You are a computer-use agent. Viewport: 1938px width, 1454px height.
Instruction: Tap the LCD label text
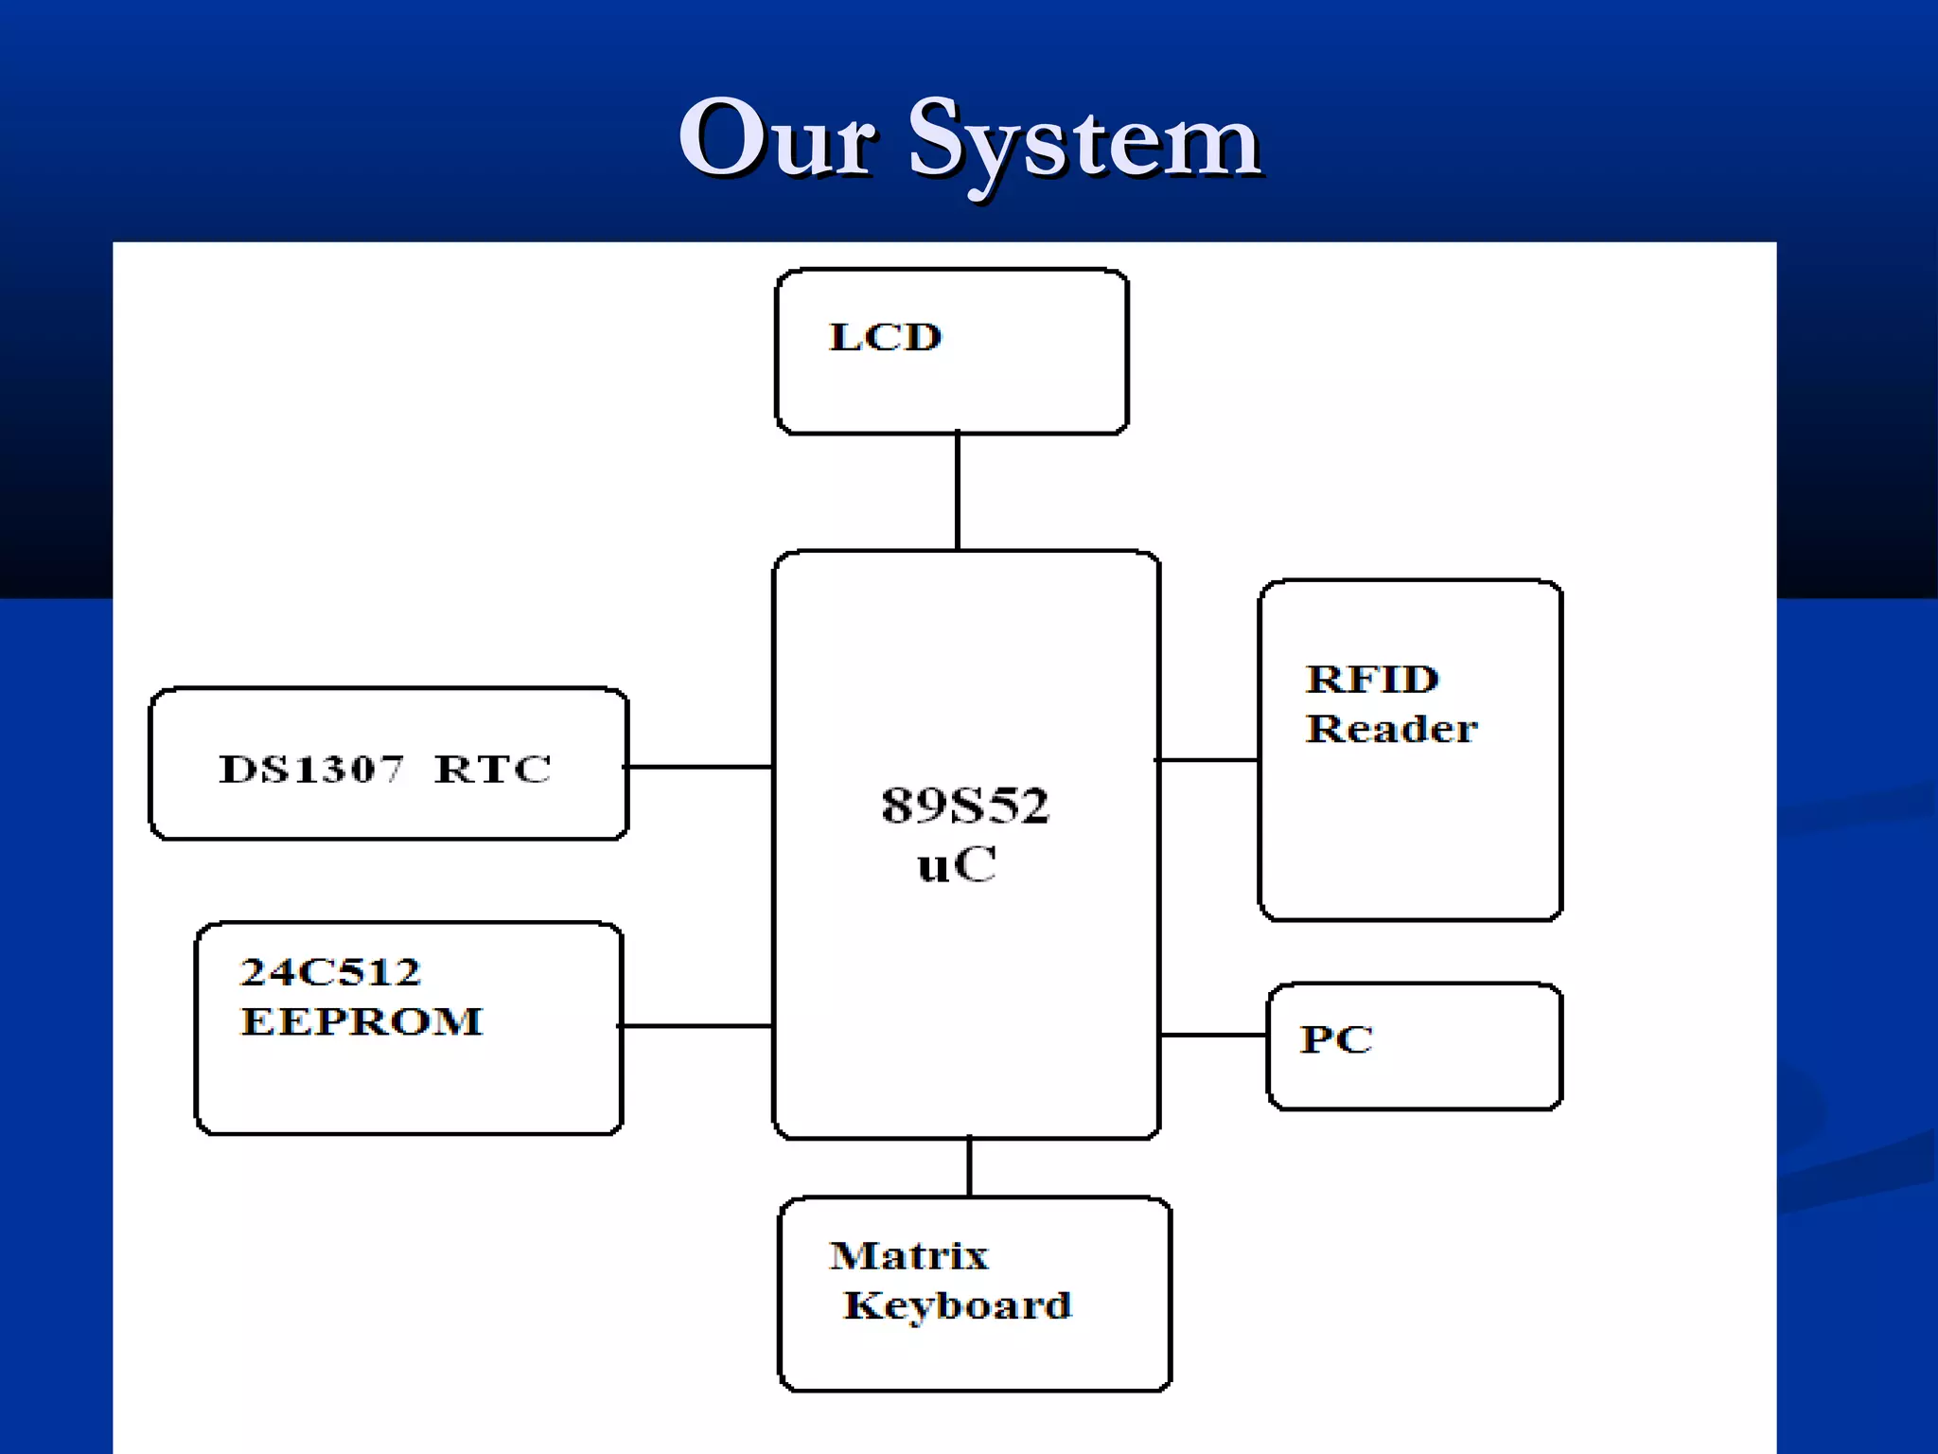pos(885,338)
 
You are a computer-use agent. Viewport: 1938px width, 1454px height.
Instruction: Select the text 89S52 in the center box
pos(964,806)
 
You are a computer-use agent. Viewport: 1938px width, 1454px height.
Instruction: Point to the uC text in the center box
pos(957,864)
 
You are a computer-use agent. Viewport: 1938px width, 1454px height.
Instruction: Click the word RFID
pos(1372,680)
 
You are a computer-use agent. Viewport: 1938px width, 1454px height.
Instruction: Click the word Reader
pos(1390,729)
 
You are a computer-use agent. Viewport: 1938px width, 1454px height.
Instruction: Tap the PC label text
pos(1335,1039)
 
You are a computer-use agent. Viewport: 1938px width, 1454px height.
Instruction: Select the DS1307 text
pos(310,769)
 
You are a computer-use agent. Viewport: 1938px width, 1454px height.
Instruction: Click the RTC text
pos(492,769)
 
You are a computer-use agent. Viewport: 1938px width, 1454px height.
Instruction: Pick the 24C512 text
pos(330,972)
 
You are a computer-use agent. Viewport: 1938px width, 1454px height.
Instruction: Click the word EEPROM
pos(361,1021)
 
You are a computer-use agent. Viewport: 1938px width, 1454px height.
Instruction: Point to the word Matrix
pos(908,1256)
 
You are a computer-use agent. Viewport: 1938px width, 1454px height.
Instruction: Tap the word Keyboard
pos(957,1305)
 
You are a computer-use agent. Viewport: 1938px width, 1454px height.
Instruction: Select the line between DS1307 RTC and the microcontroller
pos(700,767)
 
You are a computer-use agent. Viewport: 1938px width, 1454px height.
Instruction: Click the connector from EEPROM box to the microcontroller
pos(696,1025)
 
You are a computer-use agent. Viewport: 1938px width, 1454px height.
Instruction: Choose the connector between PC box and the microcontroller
pos(1213,1035)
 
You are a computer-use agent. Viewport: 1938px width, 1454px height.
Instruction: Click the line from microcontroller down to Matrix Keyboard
pos(969,1168)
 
